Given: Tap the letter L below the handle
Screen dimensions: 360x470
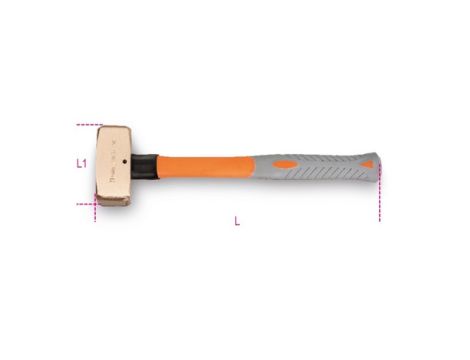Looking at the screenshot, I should [x=236, y=221].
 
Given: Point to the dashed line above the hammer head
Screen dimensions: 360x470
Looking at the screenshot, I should [x=89, y=126].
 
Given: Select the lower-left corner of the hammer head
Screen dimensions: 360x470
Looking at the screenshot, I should [x=100, y=203].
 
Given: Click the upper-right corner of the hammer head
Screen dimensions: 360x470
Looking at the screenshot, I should [x=128, y=128].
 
